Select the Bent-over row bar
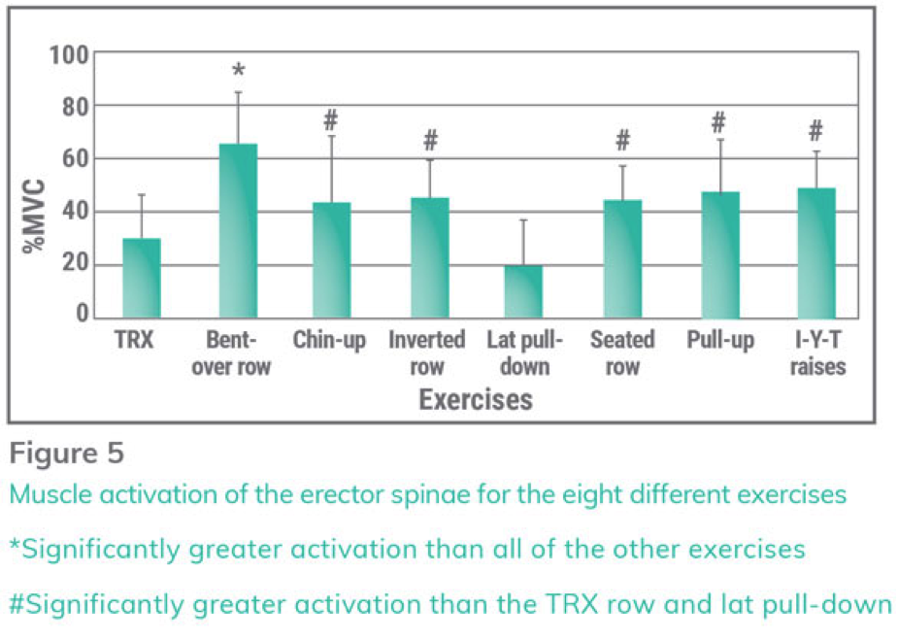tap(238, 231)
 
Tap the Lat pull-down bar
tap(524, 291)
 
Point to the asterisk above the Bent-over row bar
tap(239, 72)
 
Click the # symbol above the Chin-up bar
tap(330, 121)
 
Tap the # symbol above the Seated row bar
tap(622, 142)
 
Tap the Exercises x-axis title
tap(476, 399)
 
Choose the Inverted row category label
tap(426, 353)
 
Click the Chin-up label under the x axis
tap(329, 341)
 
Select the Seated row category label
tap(622, 353)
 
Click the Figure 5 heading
tap(68, 454)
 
